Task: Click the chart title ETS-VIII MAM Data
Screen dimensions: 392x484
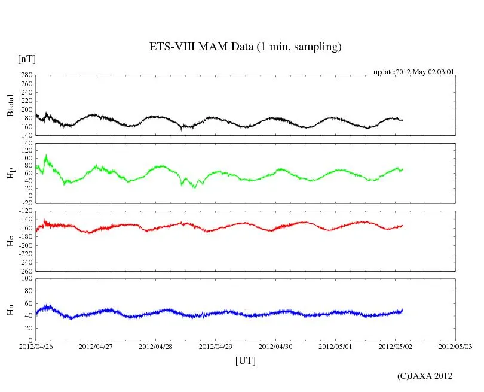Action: tap(245, 47)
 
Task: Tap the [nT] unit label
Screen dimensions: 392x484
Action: tap(27, 59)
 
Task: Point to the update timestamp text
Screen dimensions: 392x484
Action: tap(414, 72)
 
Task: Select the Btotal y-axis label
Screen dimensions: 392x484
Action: tap(10, 105)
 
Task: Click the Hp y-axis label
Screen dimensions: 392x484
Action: tap(10, 174)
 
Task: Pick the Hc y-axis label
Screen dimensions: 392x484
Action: tap(10, 240)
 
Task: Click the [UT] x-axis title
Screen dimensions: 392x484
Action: tap(246, 360)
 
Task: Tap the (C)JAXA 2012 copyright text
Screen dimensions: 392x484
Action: tap(425, 376)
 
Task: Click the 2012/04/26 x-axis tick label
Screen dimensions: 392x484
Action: tap(36, 346)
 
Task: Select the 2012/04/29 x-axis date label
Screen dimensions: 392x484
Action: tap(216, 346)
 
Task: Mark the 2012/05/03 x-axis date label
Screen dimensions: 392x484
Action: tap(455, 346)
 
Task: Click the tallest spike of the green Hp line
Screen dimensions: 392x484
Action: tap(46, 156)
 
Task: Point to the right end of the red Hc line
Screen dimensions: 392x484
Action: tap(403, 225)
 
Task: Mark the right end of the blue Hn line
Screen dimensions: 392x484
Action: tap(403, 310)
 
